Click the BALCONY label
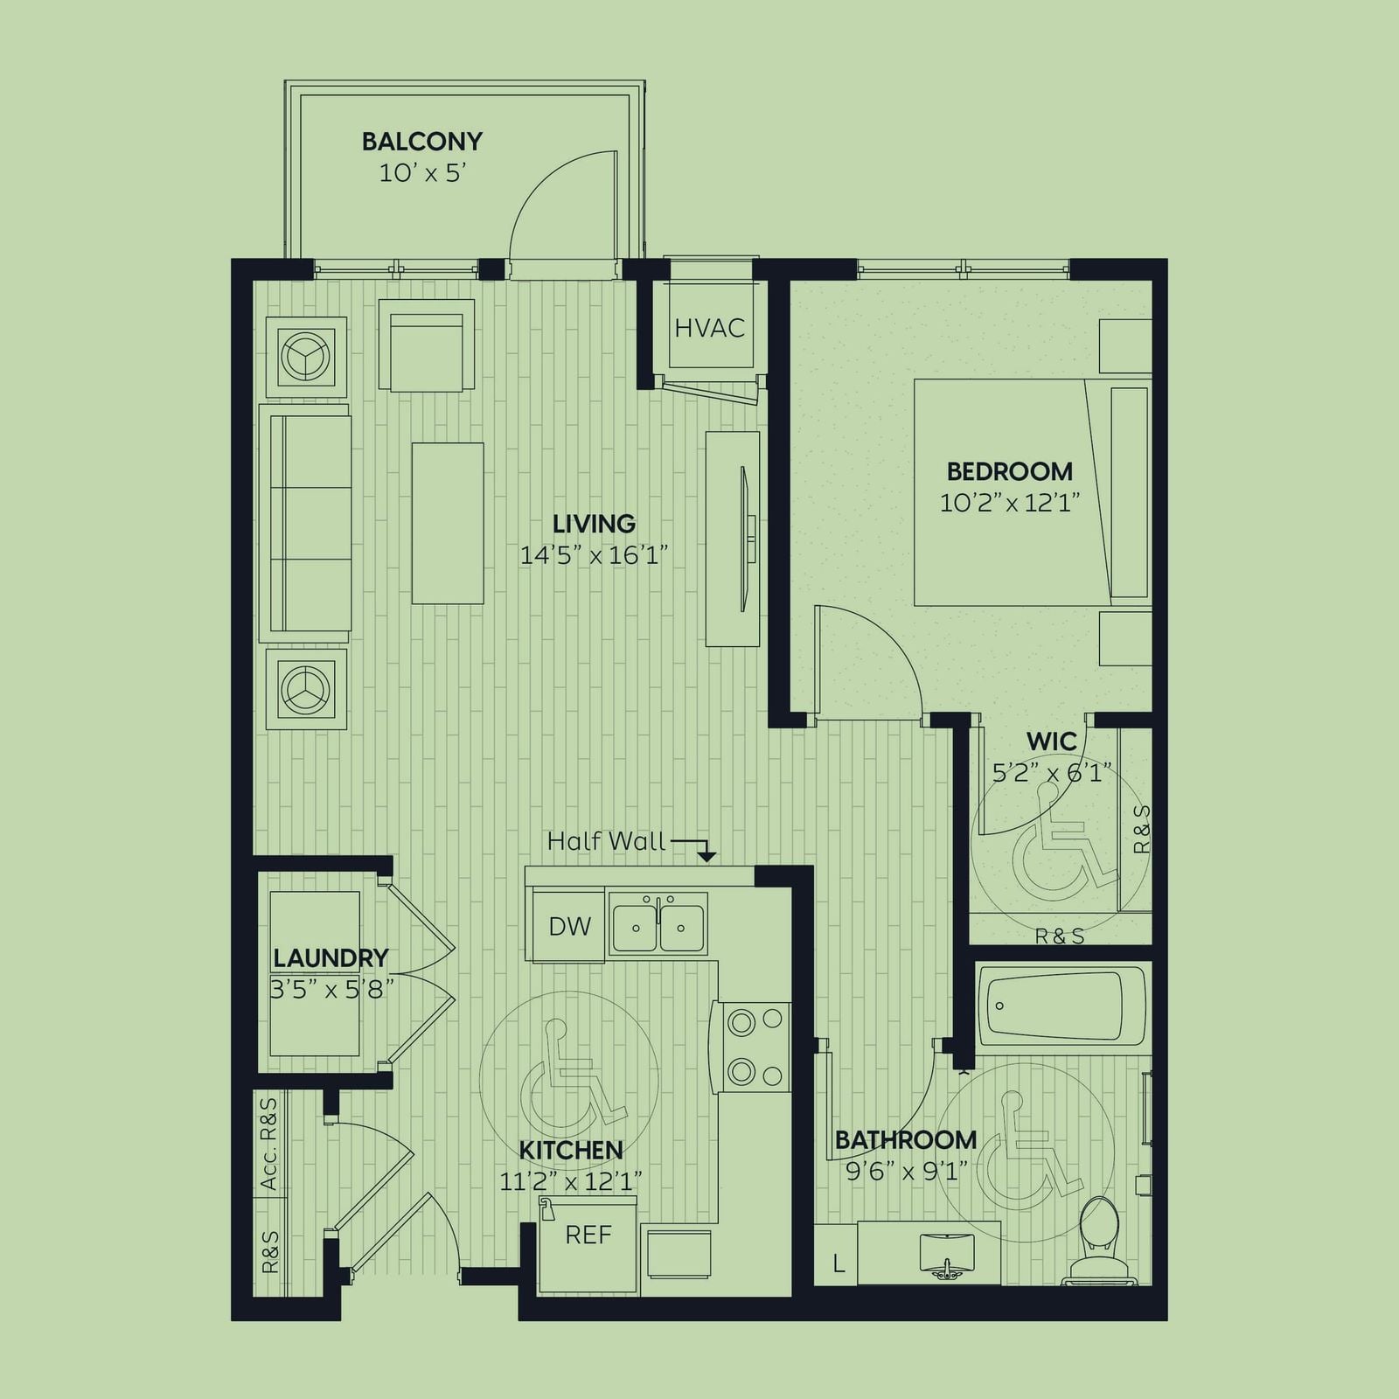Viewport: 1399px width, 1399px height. [422, 141]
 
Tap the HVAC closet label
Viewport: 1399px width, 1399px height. [709, 328]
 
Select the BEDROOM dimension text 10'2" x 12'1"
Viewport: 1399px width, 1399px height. [1010, 503]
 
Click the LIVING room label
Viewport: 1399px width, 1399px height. [594, 524]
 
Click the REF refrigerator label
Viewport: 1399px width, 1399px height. [588, 1235]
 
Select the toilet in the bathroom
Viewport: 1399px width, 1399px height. [1098, 1241]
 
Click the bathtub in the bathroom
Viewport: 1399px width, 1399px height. [1061, 1006]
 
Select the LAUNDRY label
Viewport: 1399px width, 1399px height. [331, 958]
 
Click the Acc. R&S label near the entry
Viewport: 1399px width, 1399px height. [269, 1144]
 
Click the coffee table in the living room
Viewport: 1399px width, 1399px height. [448, 523]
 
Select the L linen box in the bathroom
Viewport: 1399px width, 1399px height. [838, 1263]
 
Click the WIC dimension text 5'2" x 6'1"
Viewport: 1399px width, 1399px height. [1052, 773]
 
